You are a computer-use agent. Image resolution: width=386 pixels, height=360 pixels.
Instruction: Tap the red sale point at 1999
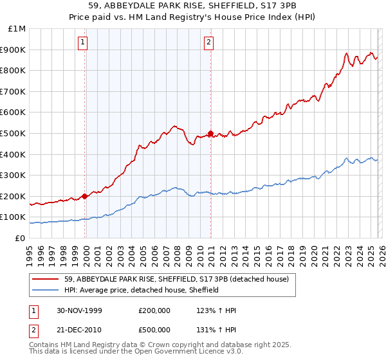[85, 197]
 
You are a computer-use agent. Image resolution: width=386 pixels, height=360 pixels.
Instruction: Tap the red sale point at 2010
[210, 134]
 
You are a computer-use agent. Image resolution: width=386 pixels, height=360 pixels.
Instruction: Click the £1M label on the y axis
[17, 29]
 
